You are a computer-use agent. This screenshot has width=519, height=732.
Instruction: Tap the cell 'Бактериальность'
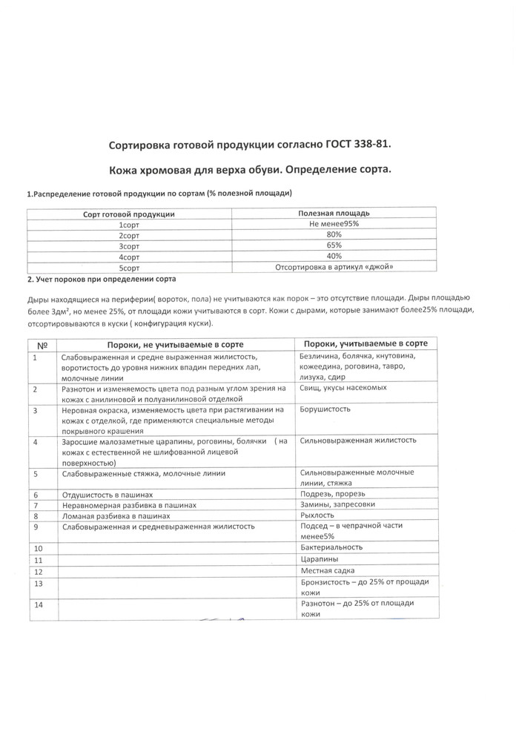click(331, 547)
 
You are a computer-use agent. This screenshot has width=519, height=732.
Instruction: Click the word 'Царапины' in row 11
click(320, 559)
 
